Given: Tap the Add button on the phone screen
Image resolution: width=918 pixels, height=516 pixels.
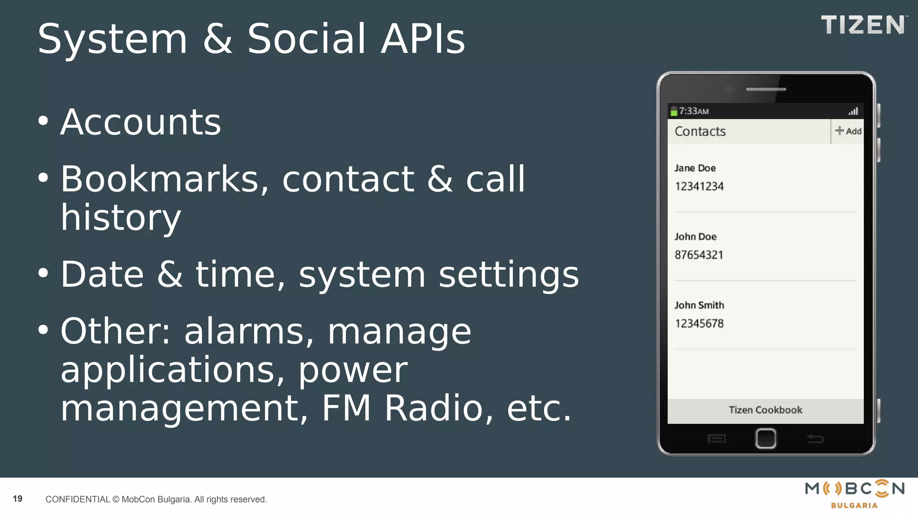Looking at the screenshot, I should tap(848, 131).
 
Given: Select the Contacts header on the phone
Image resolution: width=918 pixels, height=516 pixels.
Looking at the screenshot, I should tap(700, 131).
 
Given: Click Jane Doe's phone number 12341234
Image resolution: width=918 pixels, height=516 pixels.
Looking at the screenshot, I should tap(699, 186).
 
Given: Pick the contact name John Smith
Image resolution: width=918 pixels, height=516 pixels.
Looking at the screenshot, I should tap(699, 305).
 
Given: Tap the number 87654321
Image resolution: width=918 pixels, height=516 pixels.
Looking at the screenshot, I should tap(699, 255).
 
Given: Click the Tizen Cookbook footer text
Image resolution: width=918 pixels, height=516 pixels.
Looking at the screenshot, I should tap(765, 410).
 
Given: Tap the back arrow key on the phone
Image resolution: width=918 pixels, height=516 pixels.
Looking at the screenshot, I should tap(815, 439).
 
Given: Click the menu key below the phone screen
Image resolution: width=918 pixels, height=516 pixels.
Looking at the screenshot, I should tap(716, 439).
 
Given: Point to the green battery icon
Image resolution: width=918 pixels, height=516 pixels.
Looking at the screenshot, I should tap(673, 112).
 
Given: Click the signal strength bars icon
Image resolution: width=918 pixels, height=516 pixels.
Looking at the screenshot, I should tap(853, 111).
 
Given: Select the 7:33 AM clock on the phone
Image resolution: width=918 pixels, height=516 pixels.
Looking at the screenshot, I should tap(693, 111).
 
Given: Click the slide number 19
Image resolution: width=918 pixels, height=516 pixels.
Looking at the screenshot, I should tap(17, 499).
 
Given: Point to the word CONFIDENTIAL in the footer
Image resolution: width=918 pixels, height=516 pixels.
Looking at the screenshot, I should tap(78, 499).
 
